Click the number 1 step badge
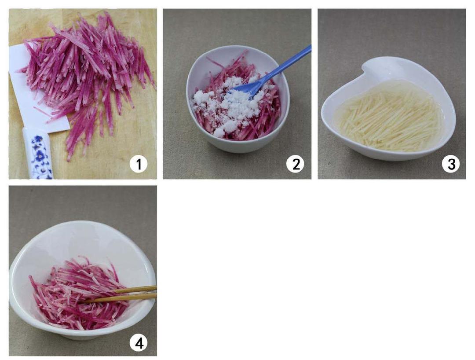(x=139, y=165)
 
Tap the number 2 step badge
(x=296, y=164)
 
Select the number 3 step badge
(x=450, y=164)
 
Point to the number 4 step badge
(x=139, y=343)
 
